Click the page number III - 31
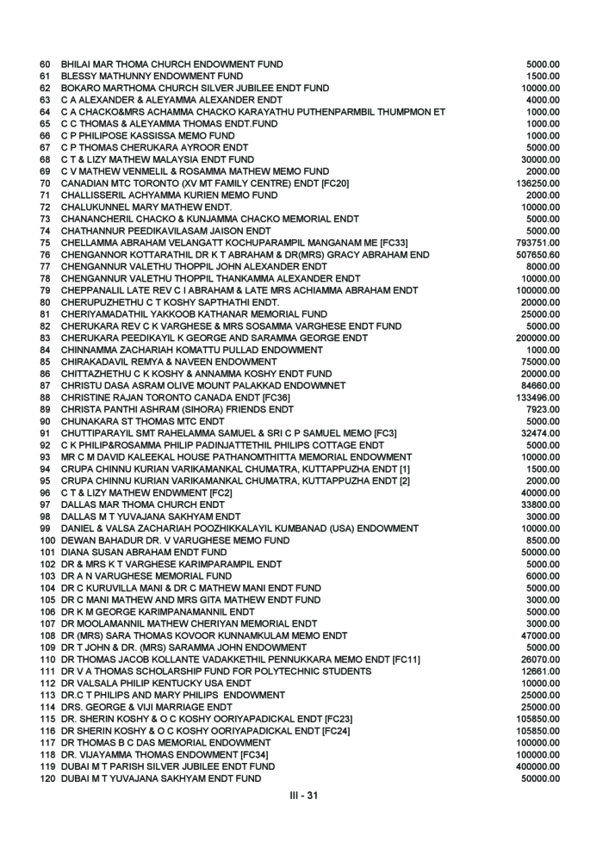pyautogui.click(x=303, y=795)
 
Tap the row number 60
pyautogui.click(x=46, y=64)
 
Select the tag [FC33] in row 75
pyautogui.click(x=428, y=243)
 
